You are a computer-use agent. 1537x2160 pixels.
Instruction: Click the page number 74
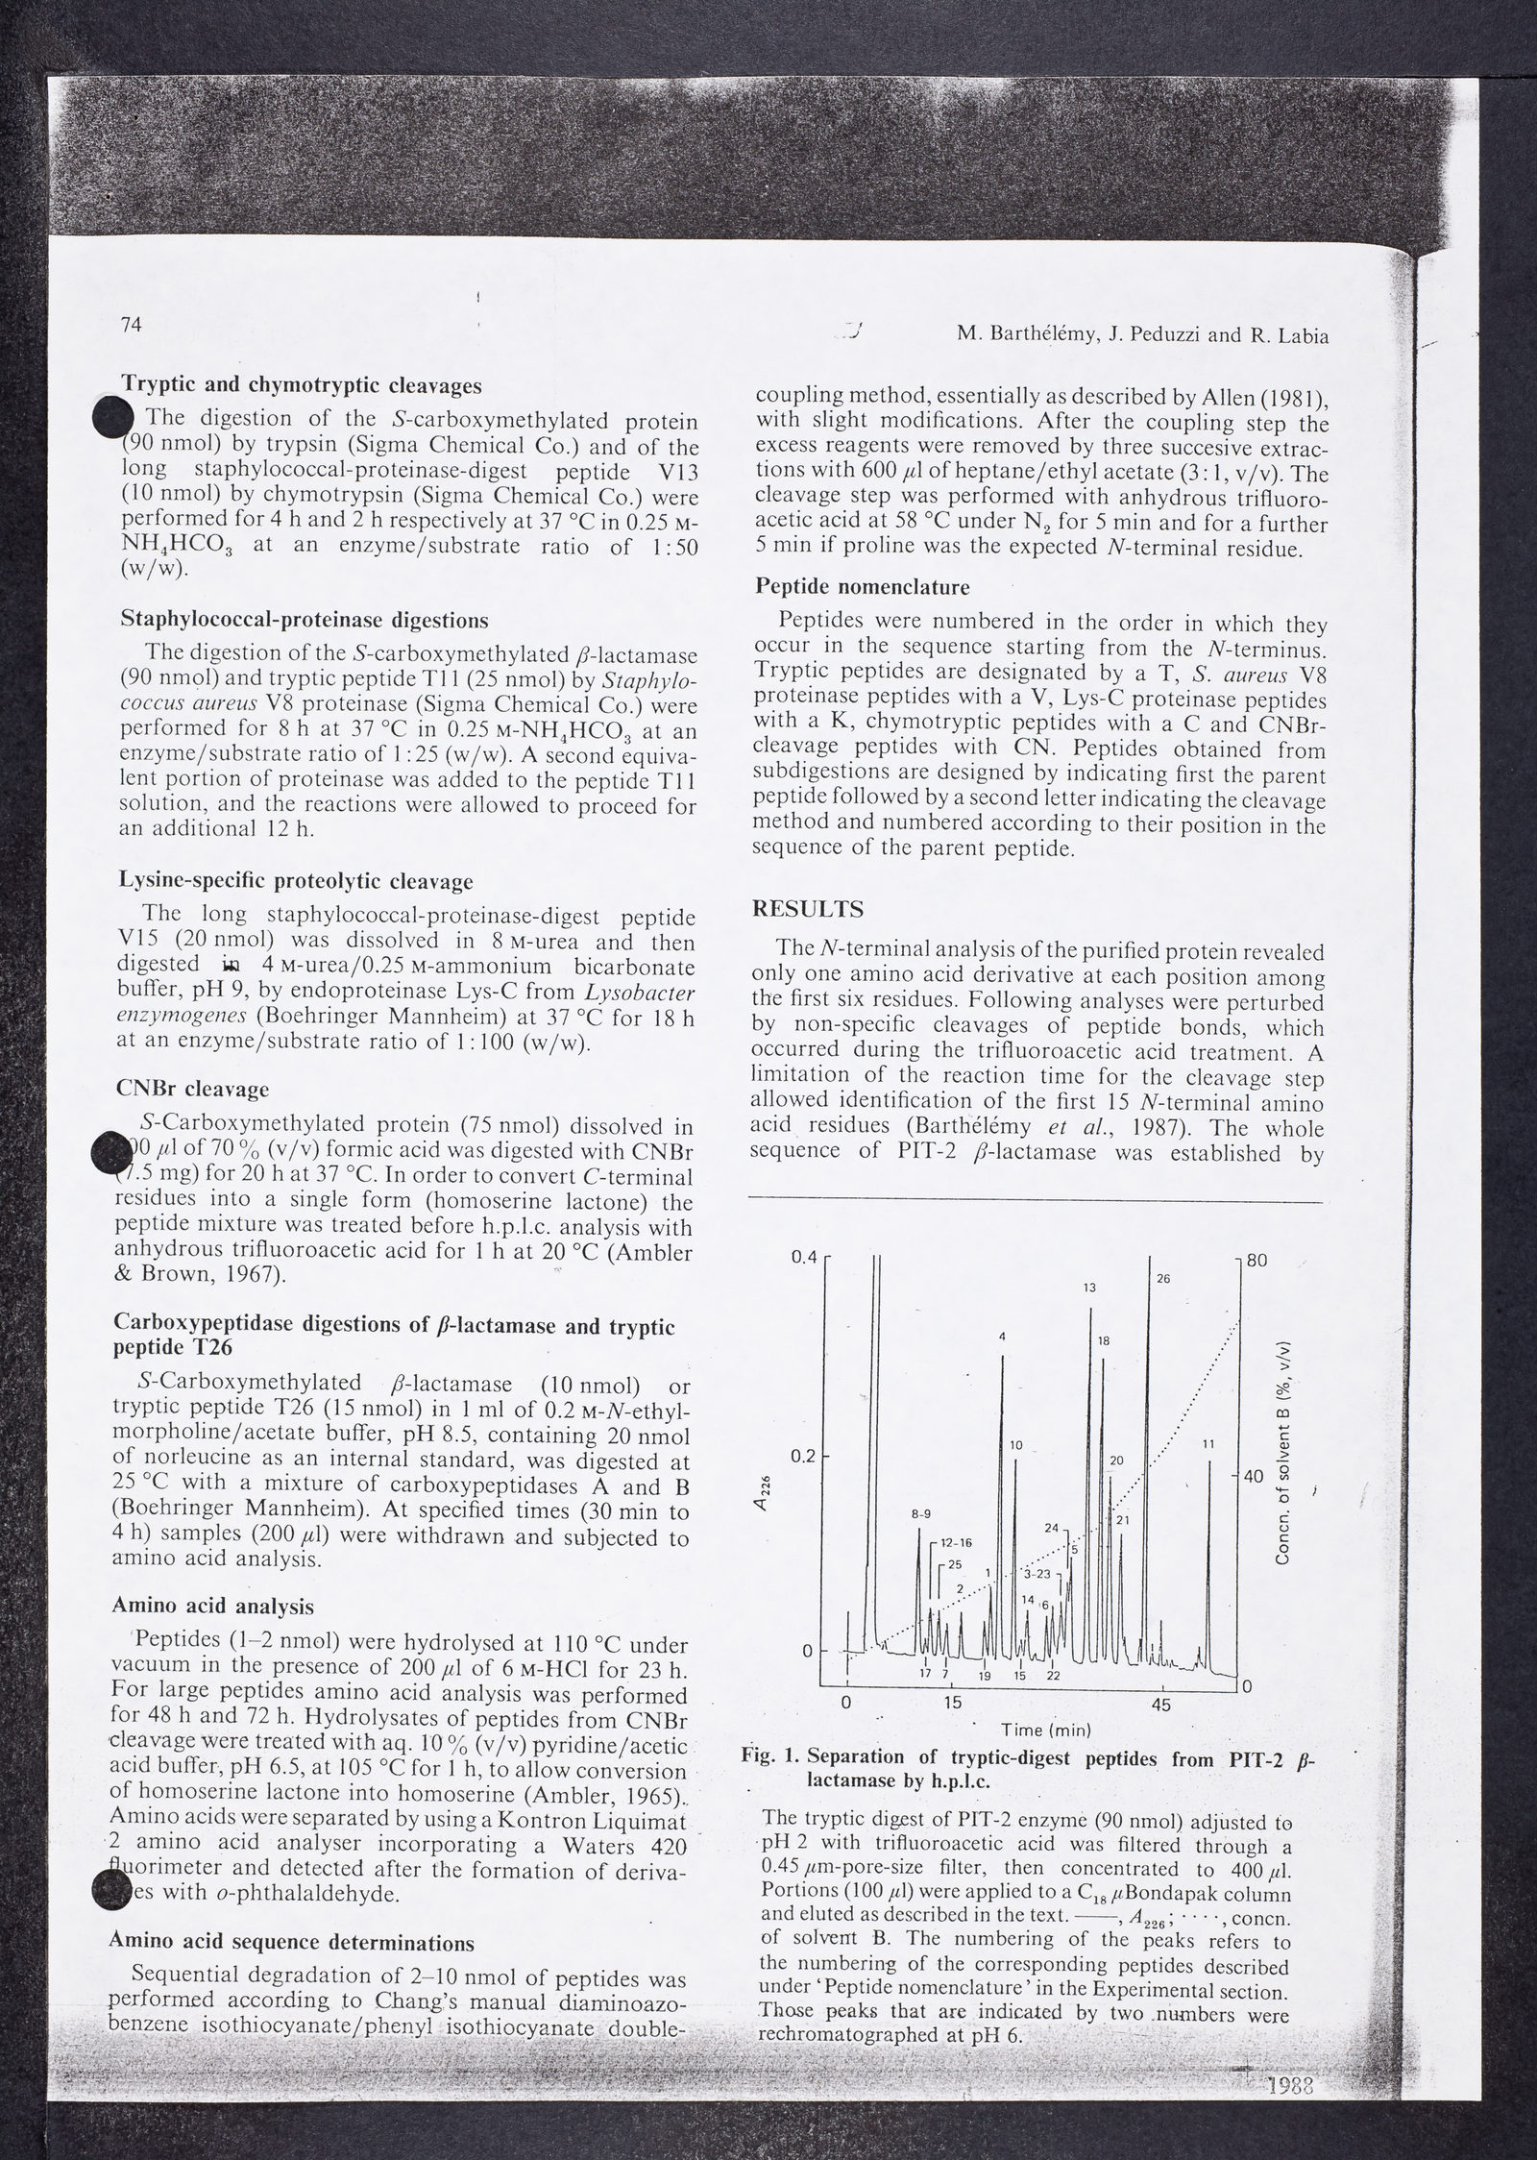(132, 325)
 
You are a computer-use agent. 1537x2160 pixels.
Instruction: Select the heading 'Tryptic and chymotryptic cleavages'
(301, 386)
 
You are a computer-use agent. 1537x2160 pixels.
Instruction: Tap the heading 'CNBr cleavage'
(193, 1089)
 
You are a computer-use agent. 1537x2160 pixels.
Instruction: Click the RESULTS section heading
(807, 909)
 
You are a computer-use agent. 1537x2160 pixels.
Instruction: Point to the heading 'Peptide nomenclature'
(862, 586)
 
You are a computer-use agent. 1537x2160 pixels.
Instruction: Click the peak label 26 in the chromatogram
(1163, 1279)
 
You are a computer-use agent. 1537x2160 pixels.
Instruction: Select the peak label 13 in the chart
(1089, 1289)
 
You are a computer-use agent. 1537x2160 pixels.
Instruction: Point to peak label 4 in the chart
(1002, 1337)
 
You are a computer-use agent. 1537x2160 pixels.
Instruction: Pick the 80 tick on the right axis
(1257, 1261)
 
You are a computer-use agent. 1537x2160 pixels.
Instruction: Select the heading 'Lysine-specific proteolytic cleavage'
(296, 880)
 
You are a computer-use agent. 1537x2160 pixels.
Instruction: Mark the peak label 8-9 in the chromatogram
(920, 1514)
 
